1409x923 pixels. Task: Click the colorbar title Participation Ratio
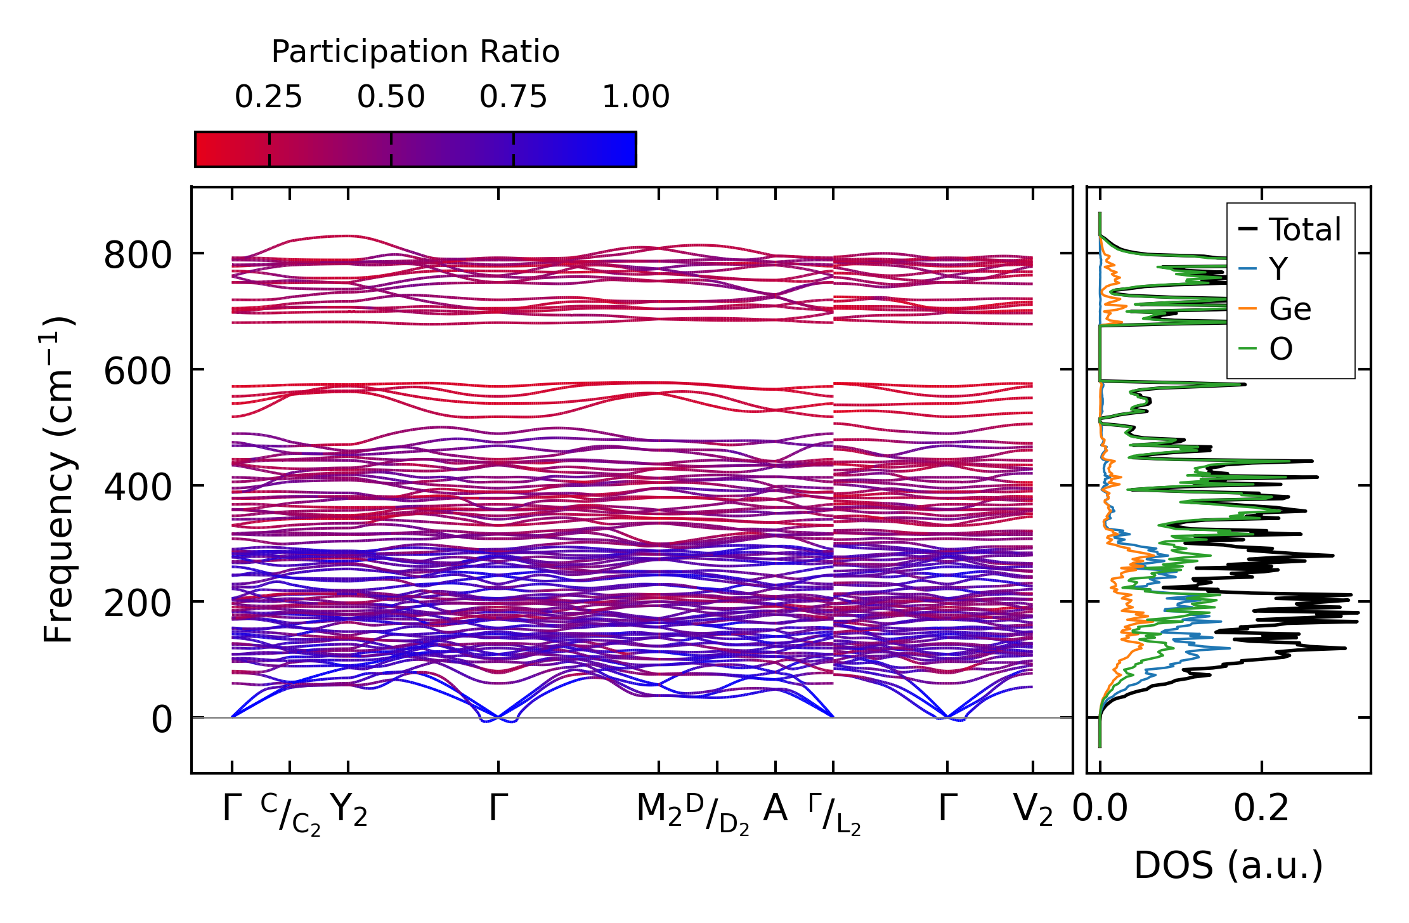(x=415, y=52)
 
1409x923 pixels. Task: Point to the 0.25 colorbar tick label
(x=268, y=98)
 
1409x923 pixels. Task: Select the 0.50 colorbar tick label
(x=391, y=98)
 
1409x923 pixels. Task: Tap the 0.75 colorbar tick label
(x=513, y=98)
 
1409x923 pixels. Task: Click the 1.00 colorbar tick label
(x=635, y=98)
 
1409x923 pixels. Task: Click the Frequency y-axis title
(x=58, y=480)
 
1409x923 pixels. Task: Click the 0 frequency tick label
(x=161, y=720)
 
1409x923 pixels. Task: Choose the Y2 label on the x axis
(x=349, y=810)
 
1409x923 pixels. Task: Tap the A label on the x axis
(x=775, y=809)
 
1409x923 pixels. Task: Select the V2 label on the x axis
(x=1033, y=810)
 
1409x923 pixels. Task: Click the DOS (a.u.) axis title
(x=1228, y=866)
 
